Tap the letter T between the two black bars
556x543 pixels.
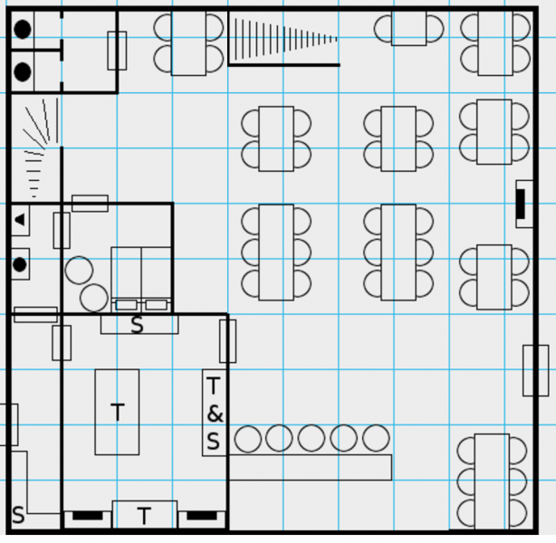pyautogui.click(x=144, y=516)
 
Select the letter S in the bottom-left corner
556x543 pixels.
pyautogui.click(x=18, y=516)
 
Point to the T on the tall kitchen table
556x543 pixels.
pyautogui.click(x=117, y=413)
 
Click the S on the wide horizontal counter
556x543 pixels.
pyautogui.click(x=138, y=324)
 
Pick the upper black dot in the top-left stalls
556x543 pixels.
pyautogui.click(x=23, y=29)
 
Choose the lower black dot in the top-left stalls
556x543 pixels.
pyautogui.click(x=23, y=71)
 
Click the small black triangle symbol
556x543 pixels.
pyautogui.click(x=20, y=219)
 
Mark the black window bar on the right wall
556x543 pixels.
pyautogui.click(x=522, y=204)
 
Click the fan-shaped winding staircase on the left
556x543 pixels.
pyautogui.click(x=38, y=149)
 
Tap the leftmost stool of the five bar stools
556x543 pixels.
pyautogui.click(x=248, y=439)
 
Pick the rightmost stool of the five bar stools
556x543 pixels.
pyautogui.click(x=376, y=439)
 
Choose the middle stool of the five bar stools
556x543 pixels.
pyautogui.click(x=312, y=439)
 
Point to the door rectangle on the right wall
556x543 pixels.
pyautogui.click(x=535, y=370)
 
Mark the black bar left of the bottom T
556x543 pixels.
pyautogui.click(x=88, y=516)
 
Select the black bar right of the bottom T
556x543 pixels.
pyautogui.click(x=201, y=516)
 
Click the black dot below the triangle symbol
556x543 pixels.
pyautogui.click(x=20, y=265)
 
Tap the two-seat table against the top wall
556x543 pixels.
pyautogui.click(x=408, y=29)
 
